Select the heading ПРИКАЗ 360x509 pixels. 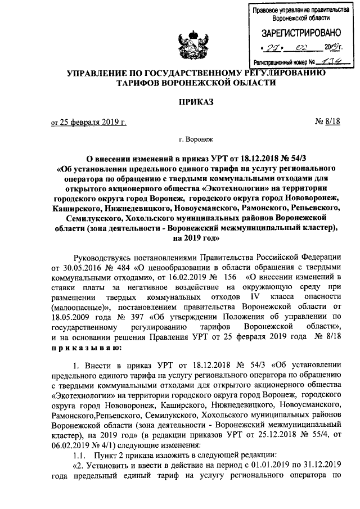179,102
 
